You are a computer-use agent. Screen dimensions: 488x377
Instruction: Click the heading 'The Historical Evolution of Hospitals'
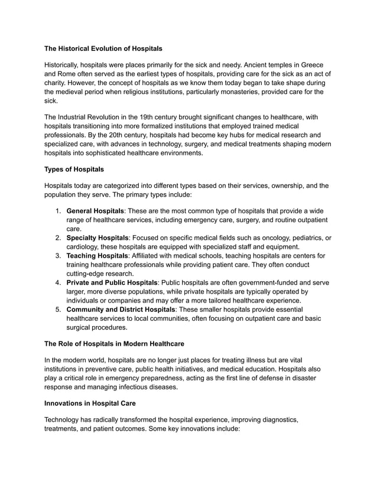[103, 48]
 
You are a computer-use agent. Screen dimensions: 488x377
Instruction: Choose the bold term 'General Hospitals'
[95, 211]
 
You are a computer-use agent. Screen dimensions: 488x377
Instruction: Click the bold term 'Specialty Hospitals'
[99, 238]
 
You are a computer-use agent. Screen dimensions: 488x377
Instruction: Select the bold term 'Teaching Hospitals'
[98, 256]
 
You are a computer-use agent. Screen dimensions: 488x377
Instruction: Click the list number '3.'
[58, 256]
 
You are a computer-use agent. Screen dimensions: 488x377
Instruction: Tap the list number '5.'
[58, 310]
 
